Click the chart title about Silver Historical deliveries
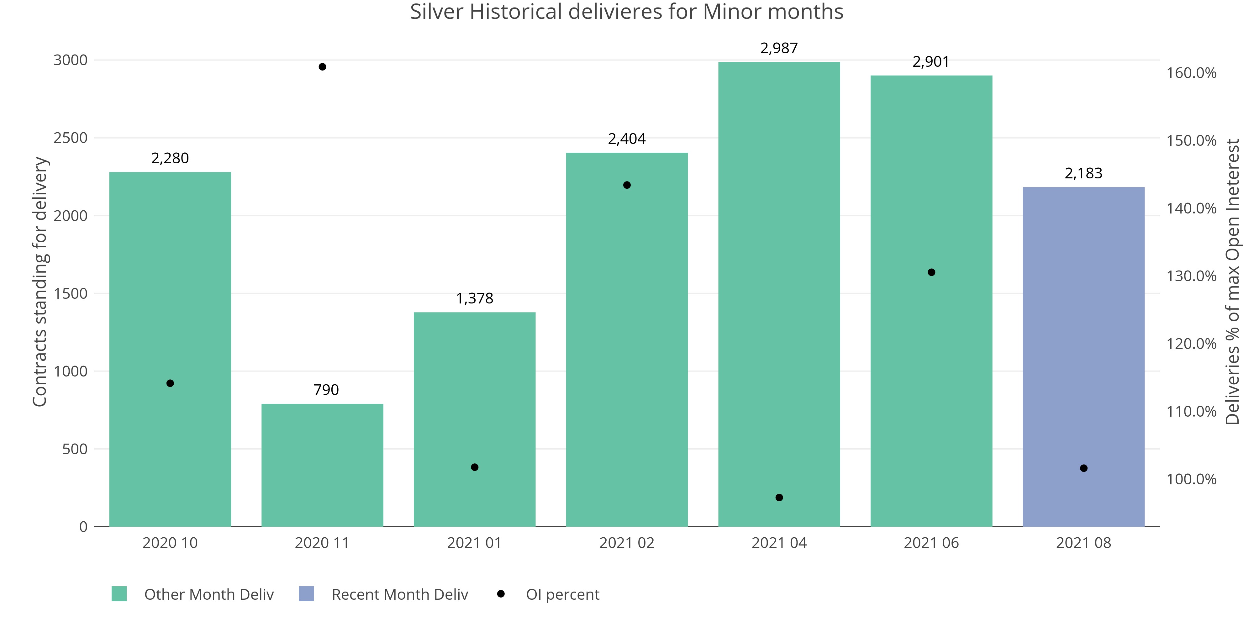pos(626,12)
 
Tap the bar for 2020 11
pos(322,465)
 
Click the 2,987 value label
pos(779,48)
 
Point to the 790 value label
pos(326,390)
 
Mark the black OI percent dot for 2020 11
pos(322,67)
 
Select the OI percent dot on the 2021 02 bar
pos(627,185)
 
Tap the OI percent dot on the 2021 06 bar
pos(931,272)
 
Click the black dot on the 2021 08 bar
pos(1084,468)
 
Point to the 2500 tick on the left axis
pos(71,138)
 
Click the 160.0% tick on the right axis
pos(1191,73)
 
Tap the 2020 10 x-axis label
pos(170,543)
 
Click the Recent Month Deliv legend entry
pos(399,594)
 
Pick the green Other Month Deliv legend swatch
pos(119,594)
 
